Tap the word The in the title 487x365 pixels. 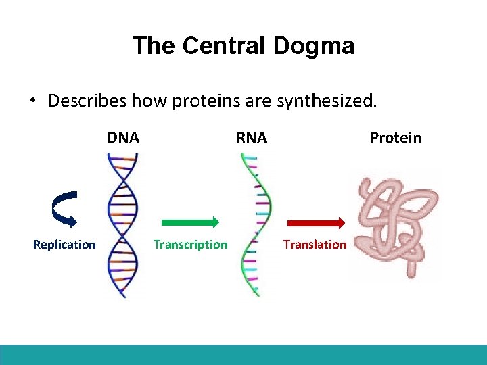point(154,46)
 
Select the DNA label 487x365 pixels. point(123,138)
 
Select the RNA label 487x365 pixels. point(252,138)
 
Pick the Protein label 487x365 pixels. point(396,138)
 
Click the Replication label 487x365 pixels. point(64,245)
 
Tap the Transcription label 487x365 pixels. point(190,245)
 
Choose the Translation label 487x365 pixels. point(315,245)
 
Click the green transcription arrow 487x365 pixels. point(189,222)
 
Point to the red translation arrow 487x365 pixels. point(316,222)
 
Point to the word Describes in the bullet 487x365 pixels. point(87,101)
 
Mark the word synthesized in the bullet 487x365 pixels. point(329,101)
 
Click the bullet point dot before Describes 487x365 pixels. point(32,101)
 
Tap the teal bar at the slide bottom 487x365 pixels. point(243,354)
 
